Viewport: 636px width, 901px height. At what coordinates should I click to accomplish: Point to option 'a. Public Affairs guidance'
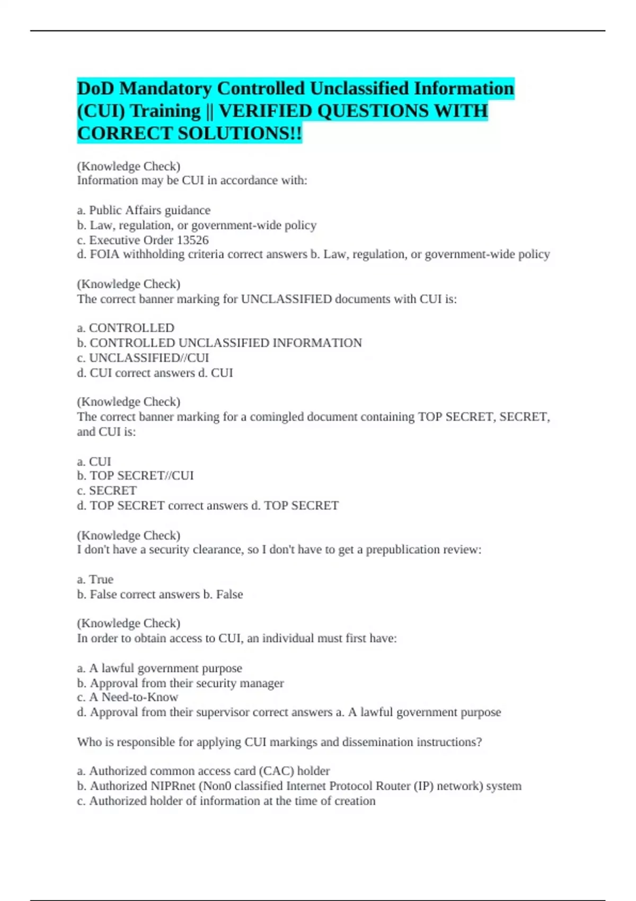point(144,210)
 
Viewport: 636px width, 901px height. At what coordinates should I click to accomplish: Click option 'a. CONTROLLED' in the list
point(126,328)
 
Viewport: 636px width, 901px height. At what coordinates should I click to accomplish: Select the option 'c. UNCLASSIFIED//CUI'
point(143,358)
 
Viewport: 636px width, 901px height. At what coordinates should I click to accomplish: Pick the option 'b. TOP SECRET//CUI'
point(135,475)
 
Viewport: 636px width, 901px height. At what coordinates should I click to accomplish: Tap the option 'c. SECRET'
point(107,491)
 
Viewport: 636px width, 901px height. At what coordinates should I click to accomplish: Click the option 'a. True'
point(95,579)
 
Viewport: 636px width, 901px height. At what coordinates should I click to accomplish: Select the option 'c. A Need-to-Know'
point(127,697)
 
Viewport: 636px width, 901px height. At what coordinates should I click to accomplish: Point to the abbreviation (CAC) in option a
point(276,771)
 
